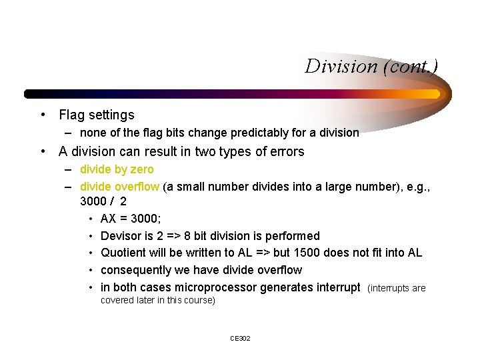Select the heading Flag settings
(97, 115)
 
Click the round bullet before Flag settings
(43, 115)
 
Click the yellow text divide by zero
(117, 169)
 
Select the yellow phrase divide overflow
(119, 187)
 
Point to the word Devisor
(121, 236)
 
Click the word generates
(286, 287)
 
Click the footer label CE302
(240, 339)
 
